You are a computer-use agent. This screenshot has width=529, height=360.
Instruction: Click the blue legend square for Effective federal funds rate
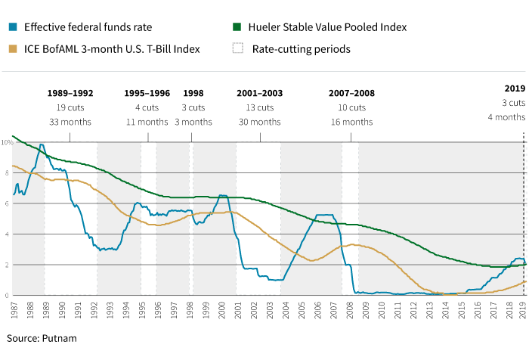click(x=13, y=27)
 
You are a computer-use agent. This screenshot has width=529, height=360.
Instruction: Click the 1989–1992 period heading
click(x=70, y=93)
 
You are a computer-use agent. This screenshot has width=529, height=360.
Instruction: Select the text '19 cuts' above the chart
click(x=70, y=107)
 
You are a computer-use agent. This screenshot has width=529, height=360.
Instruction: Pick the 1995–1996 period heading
click(x=147, y=93)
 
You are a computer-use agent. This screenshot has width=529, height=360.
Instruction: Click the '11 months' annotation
click(x=147, y=122)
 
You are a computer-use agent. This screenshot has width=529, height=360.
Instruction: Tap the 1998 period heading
click(x=193, y=93)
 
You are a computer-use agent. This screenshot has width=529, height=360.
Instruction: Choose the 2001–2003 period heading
click(x=259, y=93)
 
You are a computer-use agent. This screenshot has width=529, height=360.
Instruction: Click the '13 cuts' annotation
click(x=259, y=107)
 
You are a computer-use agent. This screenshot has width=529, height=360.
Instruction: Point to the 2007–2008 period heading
click(x=351, y=93)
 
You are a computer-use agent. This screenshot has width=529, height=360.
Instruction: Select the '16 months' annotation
click(x=351, y=122)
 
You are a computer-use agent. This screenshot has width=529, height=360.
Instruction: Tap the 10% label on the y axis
click(x=7, y=142)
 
